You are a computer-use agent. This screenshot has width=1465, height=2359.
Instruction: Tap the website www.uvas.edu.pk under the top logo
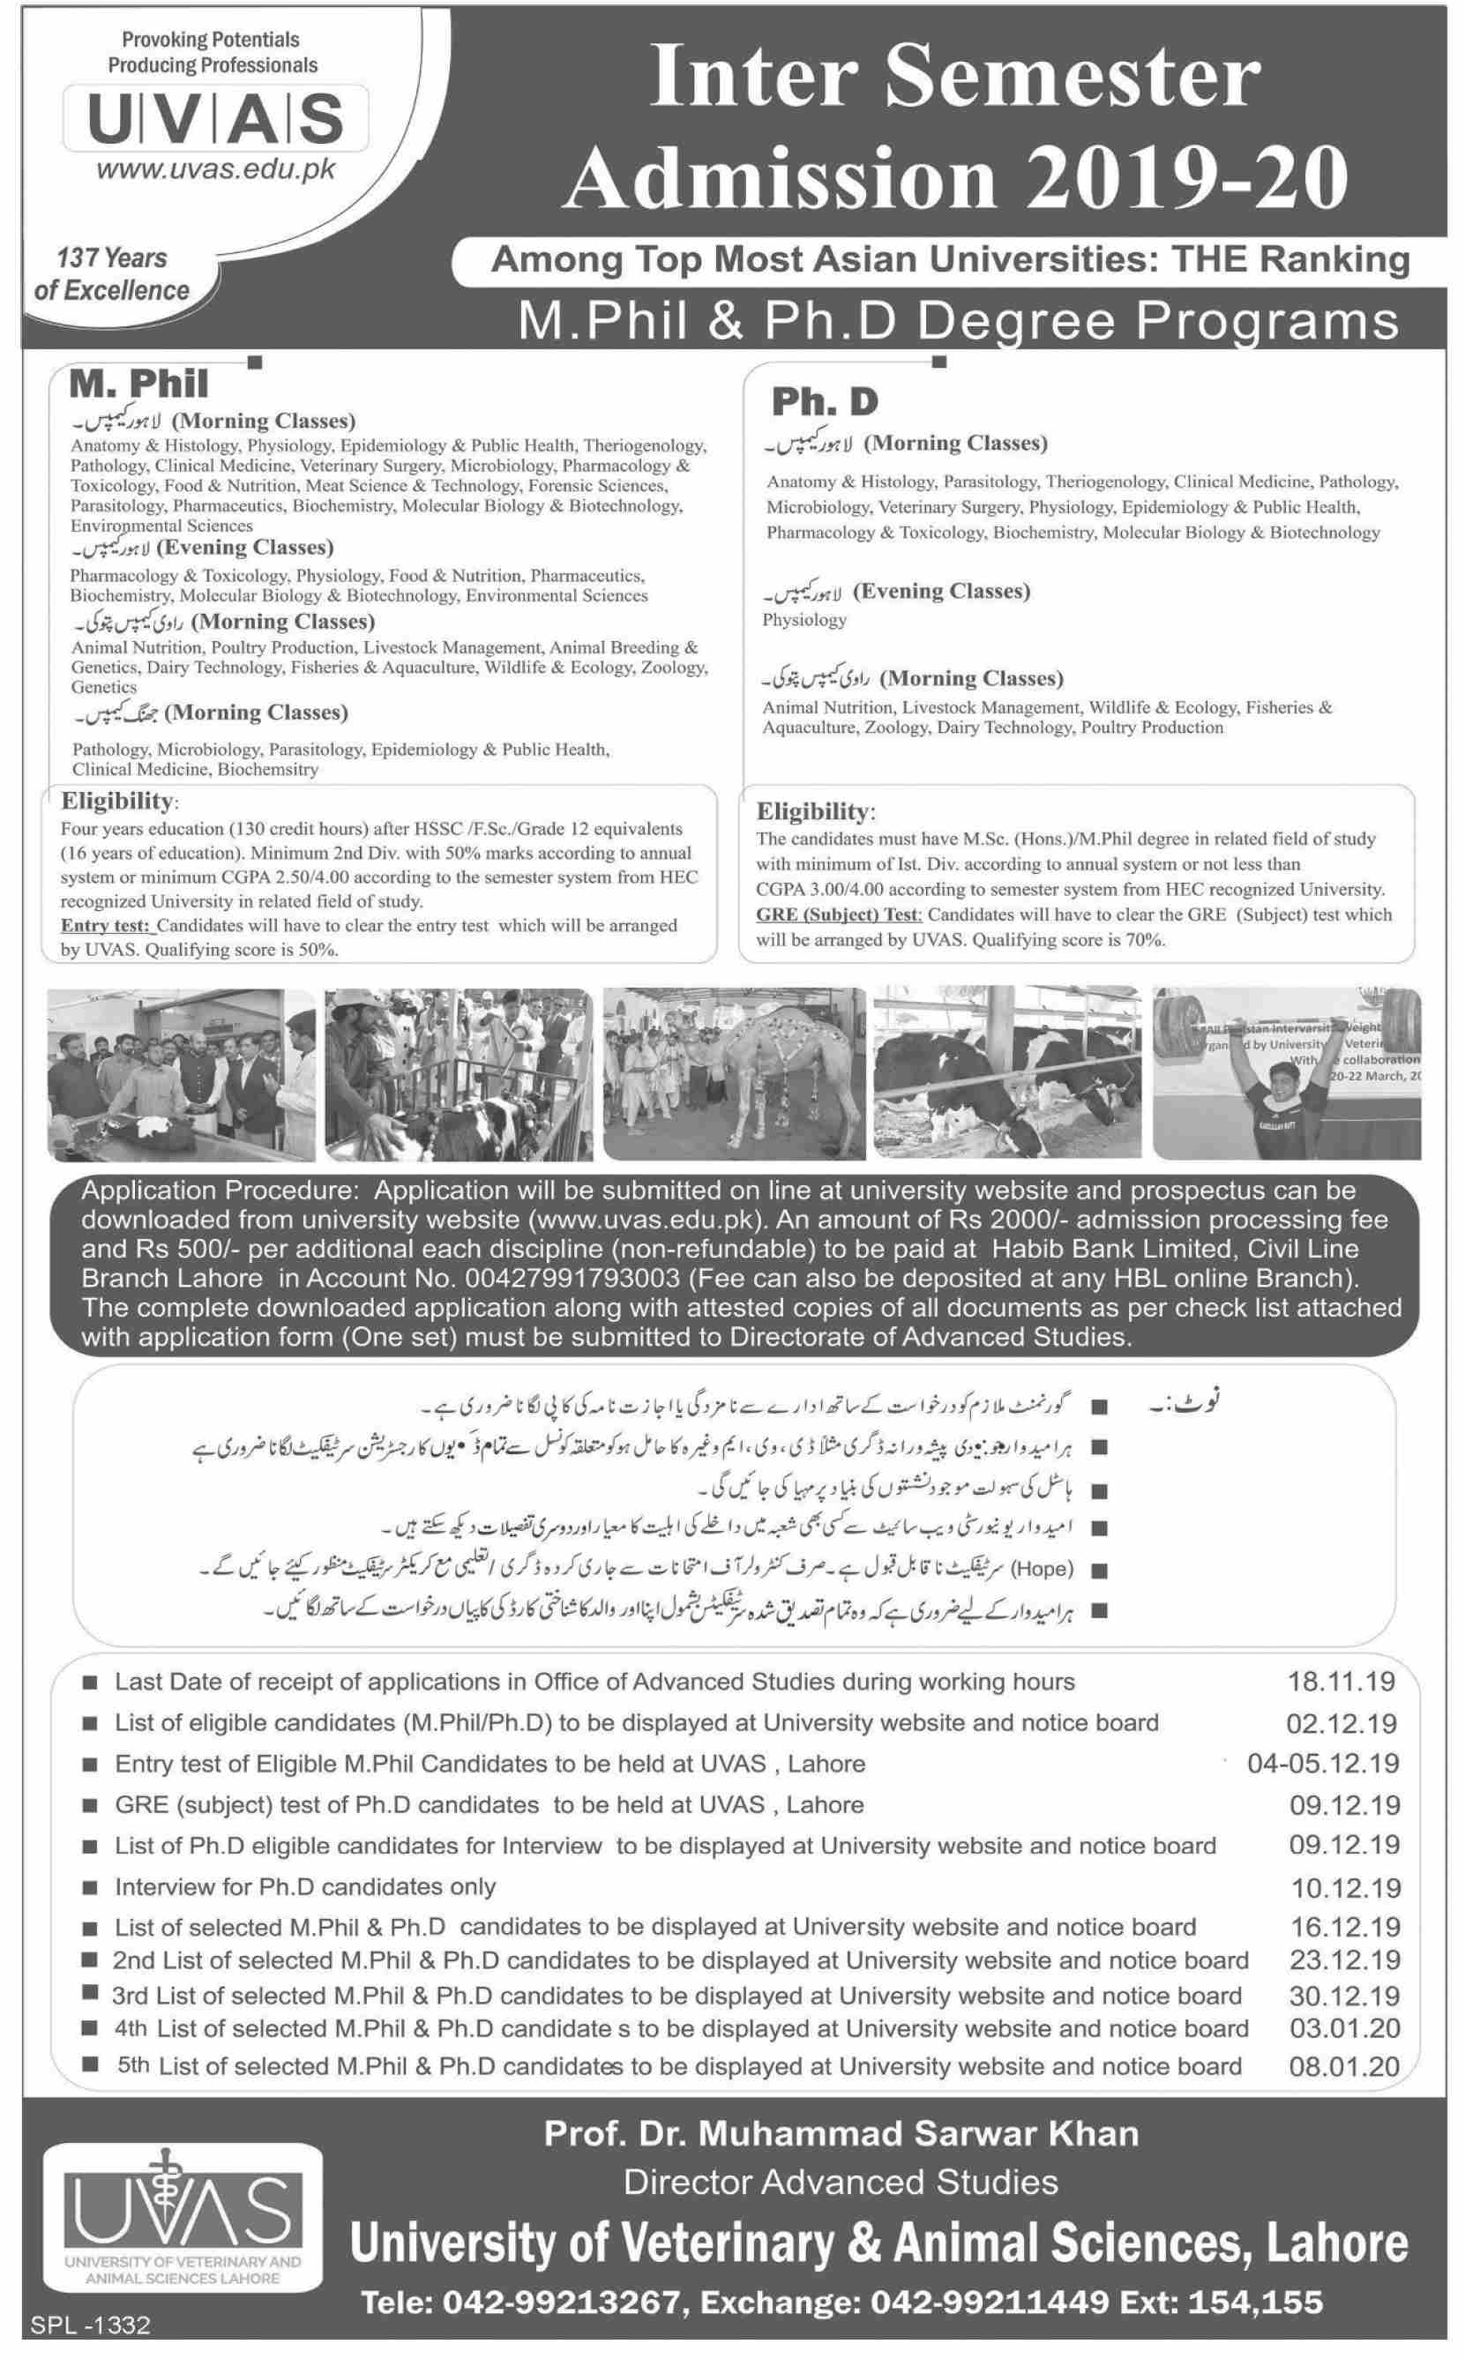point(216,168)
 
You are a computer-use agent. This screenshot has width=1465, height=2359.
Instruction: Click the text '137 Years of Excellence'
point(112,274)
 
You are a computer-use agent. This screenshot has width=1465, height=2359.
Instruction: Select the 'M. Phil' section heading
point(139,384)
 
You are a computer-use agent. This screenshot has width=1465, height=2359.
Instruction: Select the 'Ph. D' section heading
point(825,400)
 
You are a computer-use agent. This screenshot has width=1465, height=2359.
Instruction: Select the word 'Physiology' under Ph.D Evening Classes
point(804,620)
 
